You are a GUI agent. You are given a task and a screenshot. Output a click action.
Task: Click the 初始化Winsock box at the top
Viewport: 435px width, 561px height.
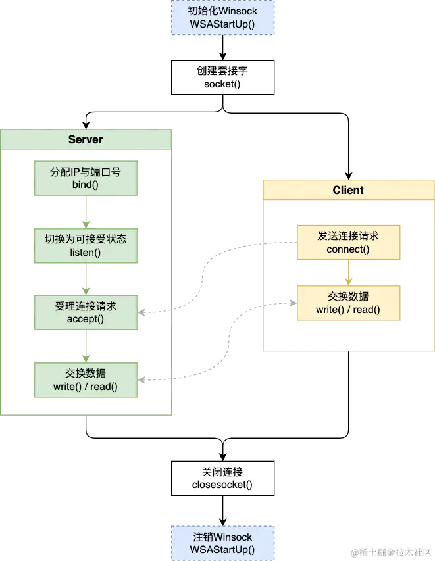click(222, 17)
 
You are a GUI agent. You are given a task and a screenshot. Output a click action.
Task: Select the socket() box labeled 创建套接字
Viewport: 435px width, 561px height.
click(222, 78)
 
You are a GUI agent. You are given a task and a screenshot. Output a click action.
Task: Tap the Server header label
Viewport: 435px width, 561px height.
click(86, 139)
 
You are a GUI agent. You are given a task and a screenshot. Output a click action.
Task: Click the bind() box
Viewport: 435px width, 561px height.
click(86, 178)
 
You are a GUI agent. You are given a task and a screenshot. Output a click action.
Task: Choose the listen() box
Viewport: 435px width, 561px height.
click(86, 245)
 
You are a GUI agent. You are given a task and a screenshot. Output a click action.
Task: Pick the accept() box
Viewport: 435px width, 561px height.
click(86, 312)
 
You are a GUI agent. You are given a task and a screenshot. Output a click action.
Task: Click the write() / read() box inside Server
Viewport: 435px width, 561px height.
click(86, 379)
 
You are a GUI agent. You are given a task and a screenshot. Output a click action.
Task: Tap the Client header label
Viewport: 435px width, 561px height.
click(348, 190)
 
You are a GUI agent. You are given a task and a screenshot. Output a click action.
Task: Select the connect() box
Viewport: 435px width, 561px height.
click(348, 242)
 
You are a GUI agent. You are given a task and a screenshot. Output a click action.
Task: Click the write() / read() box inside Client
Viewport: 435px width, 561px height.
click(348, 303)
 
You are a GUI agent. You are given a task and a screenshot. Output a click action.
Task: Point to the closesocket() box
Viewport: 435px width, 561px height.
click(222, 478)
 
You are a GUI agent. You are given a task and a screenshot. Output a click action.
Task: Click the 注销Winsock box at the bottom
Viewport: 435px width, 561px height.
click(222, 543)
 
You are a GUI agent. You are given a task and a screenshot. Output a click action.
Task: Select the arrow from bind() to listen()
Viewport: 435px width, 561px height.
click(85, 212)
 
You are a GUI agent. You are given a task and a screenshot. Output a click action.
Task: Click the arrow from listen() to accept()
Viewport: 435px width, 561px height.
click(85, 279)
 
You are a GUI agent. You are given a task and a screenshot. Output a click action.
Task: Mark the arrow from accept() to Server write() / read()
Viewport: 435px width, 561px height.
click(85, 345)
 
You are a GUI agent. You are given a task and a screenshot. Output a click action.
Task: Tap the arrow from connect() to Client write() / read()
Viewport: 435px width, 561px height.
click(348, 272)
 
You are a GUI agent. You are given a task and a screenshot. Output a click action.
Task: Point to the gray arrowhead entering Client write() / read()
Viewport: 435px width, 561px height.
click(290, 303)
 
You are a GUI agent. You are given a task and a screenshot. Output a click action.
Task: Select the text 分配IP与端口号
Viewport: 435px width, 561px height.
click(86, 172)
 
